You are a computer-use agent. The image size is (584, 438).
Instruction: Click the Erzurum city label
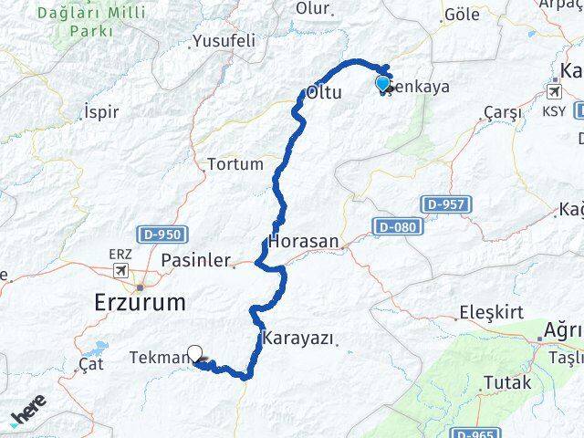pyautogui.click(x=140, y=302)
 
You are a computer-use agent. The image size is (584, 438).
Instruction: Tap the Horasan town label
pyautogui.click(x=304, y=243)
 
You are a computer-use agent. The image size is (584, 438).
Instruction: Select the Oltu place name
pyautogui.click(x=325, y=93)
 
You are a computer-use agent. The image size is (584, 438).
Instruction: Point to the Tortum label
pyautogui.click(x=235, y=164)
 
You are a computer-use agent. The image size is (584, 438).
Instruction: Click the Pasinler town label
pyautogui.click(x=195, y=260)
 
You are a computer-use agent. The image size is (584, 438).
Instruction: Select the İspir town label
pyautogui.click(x=101, y=111)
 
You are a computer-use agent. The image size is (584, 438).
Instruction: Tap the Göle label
pyautogui.click(x=460, y=16)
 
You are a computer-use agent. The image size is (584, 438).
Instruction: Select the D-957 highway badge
pyautogui.click(x=446, y=205)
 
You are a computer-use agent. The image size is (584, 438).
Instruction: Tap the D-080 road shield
pyautogui.click(x=396, y=224)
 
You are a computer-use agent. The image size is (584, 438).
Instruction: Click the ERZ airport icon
pyautogui.click(x=120, y=270)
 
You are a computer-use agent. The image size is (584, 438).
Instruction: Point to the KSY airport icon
pyautogui.click(x=554, y=92)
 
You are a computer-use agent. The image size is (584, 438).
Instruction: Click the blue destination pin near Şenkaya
pyautogui.click(x=383, y=85)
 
